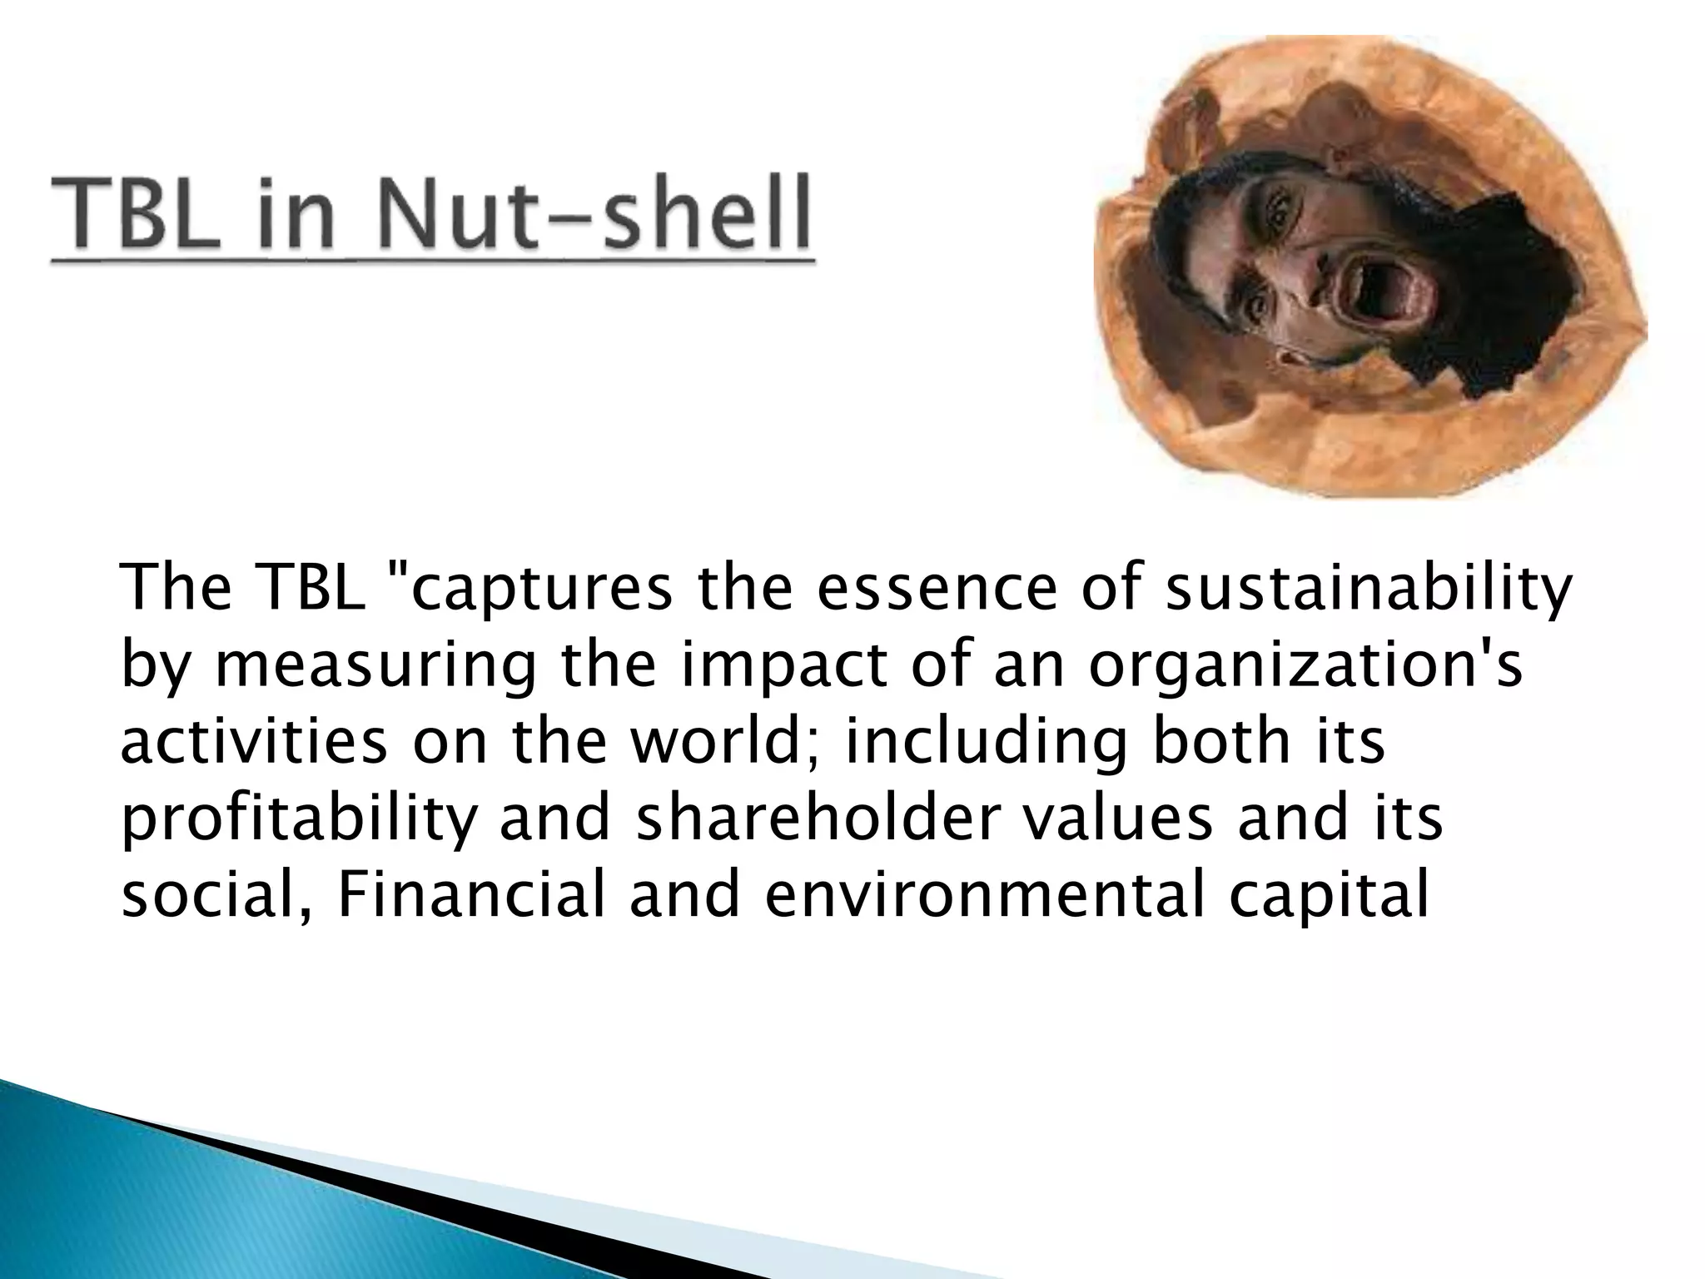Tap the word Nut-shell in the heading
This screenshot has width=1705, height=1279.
tap(592, 212)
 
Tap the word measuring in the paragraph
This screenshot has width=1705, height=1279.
tap(375, 666)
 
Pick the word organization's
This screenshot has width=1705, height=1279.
tap(1305, 666)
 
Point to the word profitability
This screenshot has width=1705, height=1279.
tap(299, 819)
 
